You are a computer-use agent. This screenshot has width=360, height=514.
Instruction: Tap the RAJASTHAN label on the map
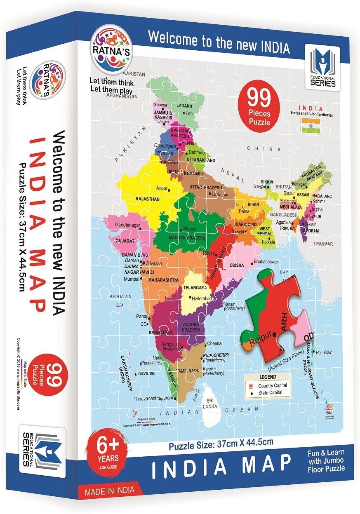point(147,199)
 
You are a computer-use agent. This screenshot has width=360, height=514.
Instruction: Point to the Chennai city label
point(214,343)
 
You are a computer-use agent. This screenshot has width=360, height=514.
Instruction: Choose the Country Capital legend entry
point(272,385)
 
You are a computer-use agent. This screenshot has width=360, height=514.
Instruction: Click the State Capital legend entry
point(271,393)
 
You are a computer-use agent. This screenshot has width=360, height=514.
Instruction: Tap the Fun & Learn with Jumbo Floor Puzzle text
point(326,460)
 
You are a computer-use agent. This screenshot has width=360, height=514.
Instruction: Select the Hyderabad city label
point(202,298)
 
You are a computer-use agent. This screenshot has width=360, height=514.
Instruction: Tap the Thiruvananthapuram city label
point(153,399)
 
